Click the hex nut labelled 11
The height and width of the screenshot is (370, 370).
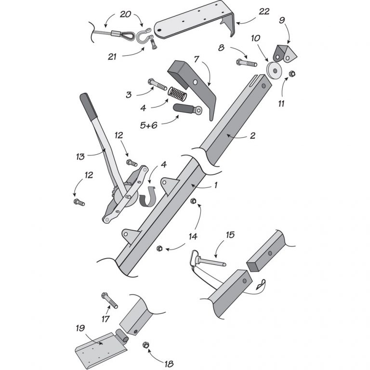click(x=292, y=74)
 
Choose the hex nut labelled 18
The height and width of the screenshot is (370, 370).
click(x=145, y=346)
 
